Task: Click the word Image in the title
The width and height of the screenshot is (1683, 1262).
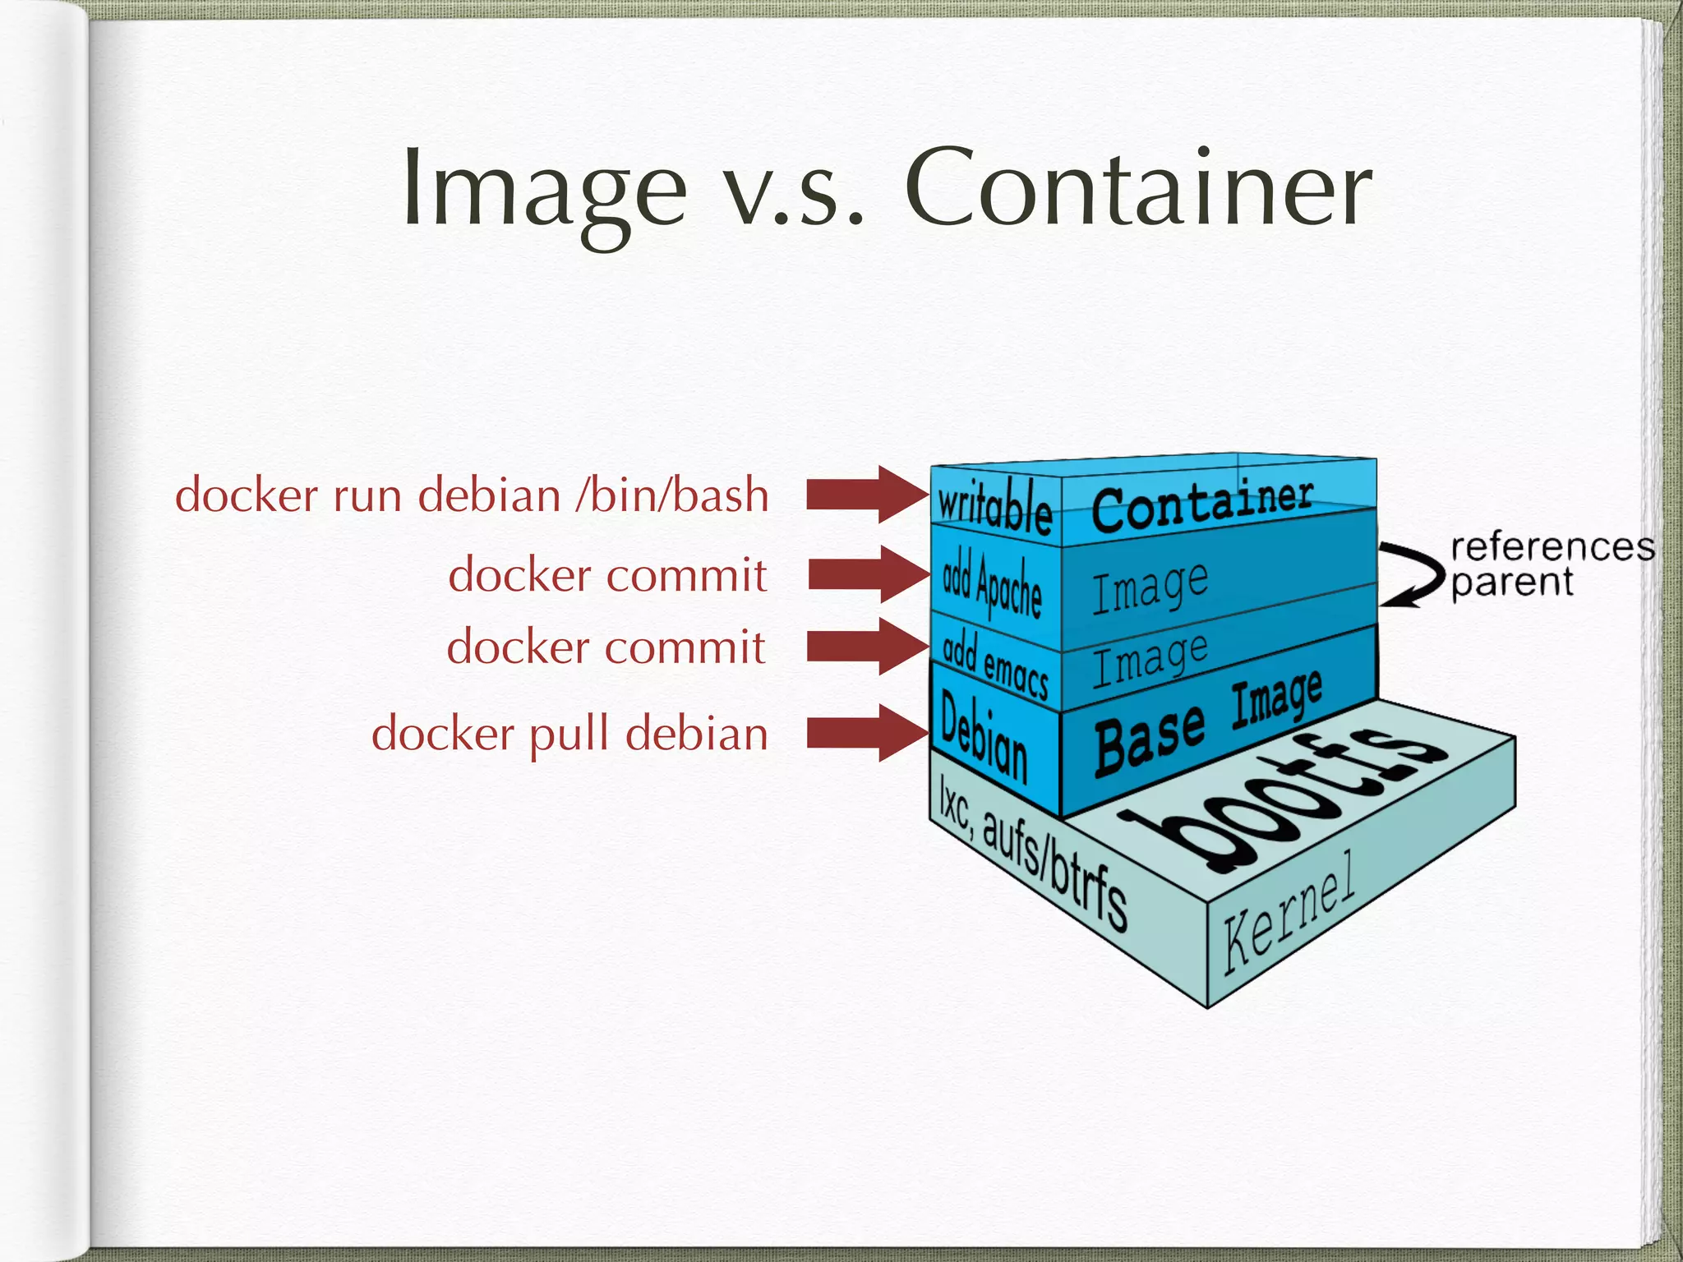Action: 544,189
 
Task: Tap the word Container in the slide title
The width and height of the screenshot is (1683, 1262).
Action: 1138,189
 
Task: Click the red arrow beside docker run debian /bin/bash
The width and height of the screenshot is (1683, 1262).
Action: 867,495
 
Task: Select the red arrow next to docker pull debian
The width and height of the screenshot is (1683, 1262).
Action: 867,733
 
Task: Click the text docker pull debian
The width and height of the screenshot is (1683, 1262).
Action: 569,733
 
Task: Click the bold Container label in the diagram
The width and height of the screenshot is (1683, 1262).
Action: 1202,504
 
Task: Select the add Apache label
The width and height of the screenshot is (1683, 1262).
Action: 992,584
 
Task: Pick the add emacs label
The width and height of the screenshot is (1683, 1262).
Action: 995,664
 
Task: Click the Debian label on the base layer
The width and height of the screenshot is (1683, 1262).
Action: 984,736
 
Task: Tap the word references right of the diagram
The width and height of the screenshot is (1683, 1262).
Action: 1552,547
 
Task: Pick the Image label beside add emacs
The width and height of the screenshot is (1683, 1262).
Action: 1150,659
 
